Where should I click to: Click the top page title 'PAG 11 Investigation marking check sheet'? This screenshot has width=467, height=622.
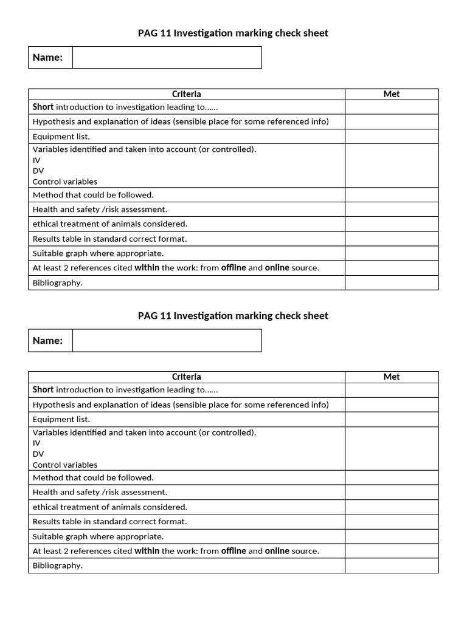point(233,33)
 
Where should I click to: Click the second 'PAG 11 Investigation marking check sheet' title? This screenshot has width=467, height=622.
point(233,316)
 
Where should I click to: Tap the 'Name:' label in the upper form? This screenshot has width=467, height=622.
point(48,58)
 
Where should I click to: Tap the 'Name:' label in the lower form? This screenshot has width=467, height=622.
point(48,341)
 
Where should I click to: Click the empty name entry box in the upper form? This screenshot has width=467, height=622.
point(167,58)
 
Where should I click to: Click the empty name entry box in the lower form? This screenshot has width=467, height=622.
point(167,341)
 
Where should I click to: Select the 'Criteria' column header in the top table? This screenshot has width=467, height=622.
point(186,94)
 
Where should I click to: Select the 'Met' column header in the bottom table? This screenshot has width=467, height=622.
point(392,377)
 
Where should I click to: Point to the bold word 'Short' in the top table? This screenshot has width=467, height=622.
point(43,107)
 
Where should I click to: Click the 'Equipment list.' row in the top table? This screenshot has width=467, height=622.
point(61,137)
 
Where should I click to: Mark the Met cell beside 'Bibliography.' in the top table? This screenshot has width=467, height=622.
point(392,283)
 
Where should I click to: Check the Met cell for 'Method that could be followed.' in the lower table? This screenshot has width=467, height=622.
point(392,478)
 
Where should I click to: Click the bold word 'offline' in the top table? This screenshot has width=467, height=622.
point(233,268)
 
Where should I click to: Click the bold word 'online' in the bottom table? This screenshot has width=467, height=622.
point(277,551)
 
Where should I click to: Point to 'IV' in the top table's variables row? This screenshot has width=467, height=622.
point(36,160)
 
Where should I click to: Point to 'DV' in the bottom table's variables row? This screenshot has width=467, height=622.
point(38,454)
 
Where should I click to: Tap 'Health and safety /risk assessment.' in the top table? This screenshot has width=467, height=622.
point(100,210)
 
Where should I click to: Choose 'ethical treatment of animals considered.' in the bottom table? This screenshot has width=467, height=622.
point(110,507)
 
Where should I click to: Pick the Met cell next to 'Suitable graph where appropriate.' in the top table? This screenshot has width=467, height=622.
point(392,254)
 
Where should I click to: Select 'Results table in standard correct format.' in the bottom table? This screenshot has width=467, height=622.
point(110,522)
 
